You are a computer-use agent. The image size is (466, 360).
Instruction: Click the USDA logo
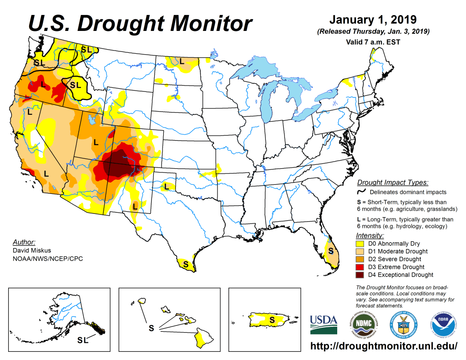(324, 325)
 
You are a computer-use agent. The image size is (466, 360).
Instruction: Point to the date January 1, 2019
(373, 20)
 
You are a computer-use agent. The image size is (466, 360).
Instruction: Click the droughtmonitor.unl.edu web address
(384, 346)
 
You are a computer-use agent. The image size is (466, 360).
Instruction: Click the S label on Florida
(331, 251)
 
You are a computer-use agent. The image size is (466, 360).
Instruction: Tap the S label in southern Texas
(186, 263)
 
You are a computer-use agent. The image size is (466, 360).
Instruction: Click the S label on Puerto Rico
(272, 319)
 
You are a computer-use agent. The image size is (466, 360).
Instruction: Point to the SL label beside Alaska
(83, 340)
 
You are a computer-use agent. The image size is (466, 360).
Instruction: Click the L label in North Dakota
(182, 61)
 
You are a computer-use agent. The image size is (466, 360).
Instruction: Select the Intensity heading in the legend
(370, 235)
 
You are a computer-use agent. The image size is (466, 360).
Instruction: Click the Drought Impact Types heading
(393, 183)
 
